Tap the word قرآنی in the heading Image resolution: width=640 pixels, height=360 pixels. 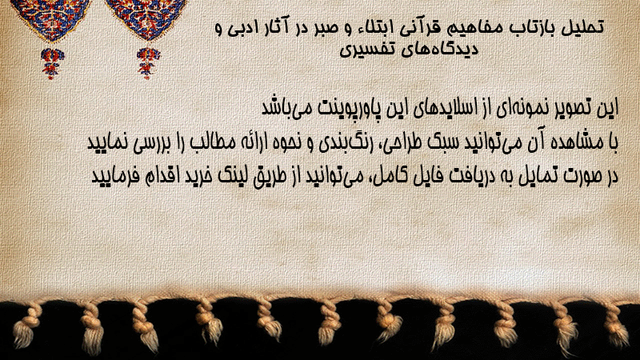412,28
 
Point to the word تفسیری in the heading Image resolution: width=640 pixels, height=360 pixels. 363,50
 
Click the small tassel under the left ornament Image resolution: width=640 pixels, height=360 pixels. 52,63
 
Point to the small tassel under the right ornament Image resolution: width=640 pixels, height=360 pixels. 148,63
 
